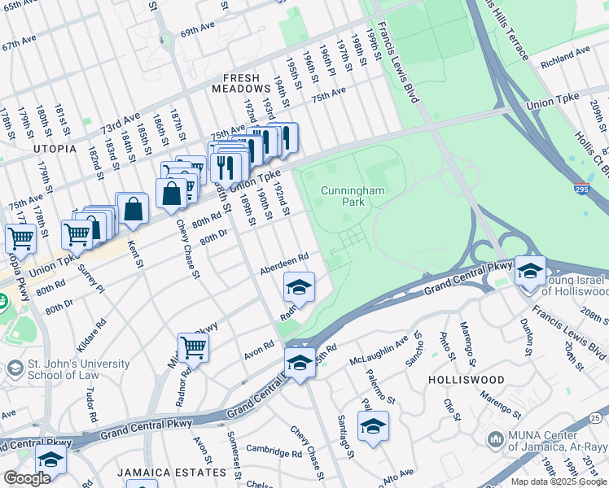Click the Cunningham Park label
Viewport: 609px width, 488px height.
[x=342, y=195]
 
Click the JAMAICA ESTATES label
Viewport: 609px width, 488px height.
[x=170, y=473]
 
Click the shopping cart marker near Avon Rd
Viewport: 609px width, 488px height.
[x=193, y=347]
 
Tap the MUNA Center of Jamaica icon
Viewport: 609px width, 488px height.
[x=495, y=440]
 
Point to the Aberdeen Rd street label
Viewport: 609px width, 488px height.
[x=284, y=263]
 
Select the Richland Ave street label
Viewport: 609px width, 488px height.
[x=564, y=55]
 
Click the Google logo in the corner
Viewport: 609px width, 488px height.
[x=27, y=478]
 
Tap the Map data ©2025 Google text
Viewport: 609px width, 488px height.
[x=558, y=481]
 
